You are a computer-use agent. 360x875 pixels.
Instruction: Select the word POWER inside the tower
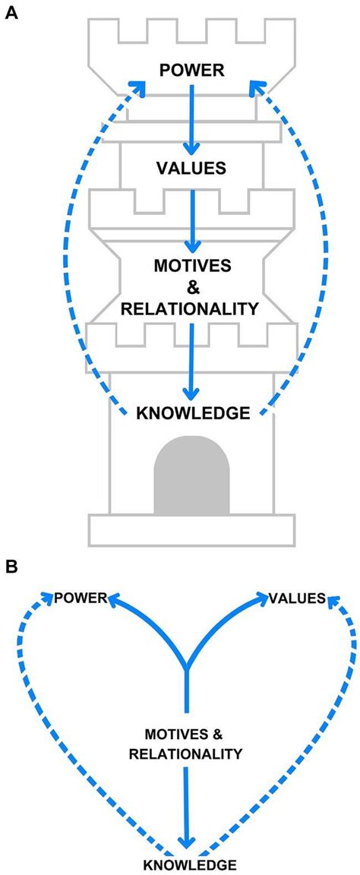click(x=191, y=71)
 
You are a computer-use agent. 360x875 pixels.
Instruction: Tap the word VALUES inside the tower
click(x=191, y=169)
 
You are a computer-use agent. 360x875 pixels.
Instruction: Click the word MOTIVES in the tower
click(x=191, y=267)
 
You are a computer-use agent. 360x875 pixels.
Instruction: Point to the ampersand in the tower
click(x=191, y=288)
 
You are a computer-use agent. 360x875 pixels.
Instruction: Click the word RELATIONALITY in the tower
click(x=191, y=308)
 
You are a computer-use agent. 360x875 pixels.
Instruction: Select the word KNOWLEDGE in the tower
click(x=192, y=413)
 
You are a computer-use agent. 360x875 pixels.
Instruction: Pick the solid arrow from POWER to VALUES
click(x=192, y=118)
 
